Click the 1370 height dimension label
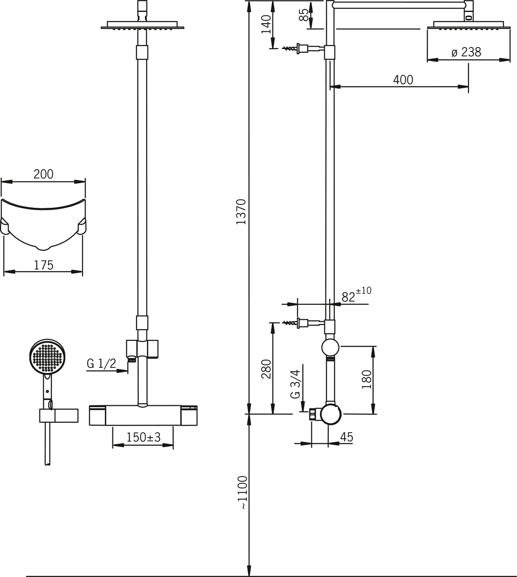(241, 212)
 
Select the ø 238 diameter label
(466, 52)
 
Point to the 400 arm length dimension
(403, 80)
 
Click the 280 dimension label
(266, 369)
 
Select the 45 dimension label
(346, 437)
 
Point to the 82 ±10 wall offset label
(356, 295)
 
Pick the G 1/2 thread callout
(101, 364)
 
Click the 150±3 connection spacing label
(143, 438)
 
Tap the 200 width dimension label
(43, 174)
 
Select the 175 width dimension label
(43, 264)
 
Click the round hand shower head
(47, 357)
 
